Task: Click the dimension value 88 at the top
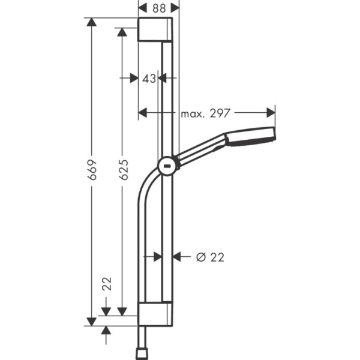(x=158, y=8)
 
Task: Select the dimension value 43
(x=149, y=78)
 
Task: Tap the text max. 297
(x=206, y=112)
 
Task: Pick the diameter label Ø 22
(x=210, y=257)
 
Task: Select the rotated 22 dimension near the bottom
(x=107, y=284)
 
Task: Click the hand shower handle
(x=201, y=150)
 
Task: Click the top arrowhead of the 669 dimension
(x=91, y=22)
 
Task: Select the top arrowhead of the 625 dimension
(x=122, y=31)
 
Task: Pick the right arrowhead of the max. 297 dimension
(x=271, y=112)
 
